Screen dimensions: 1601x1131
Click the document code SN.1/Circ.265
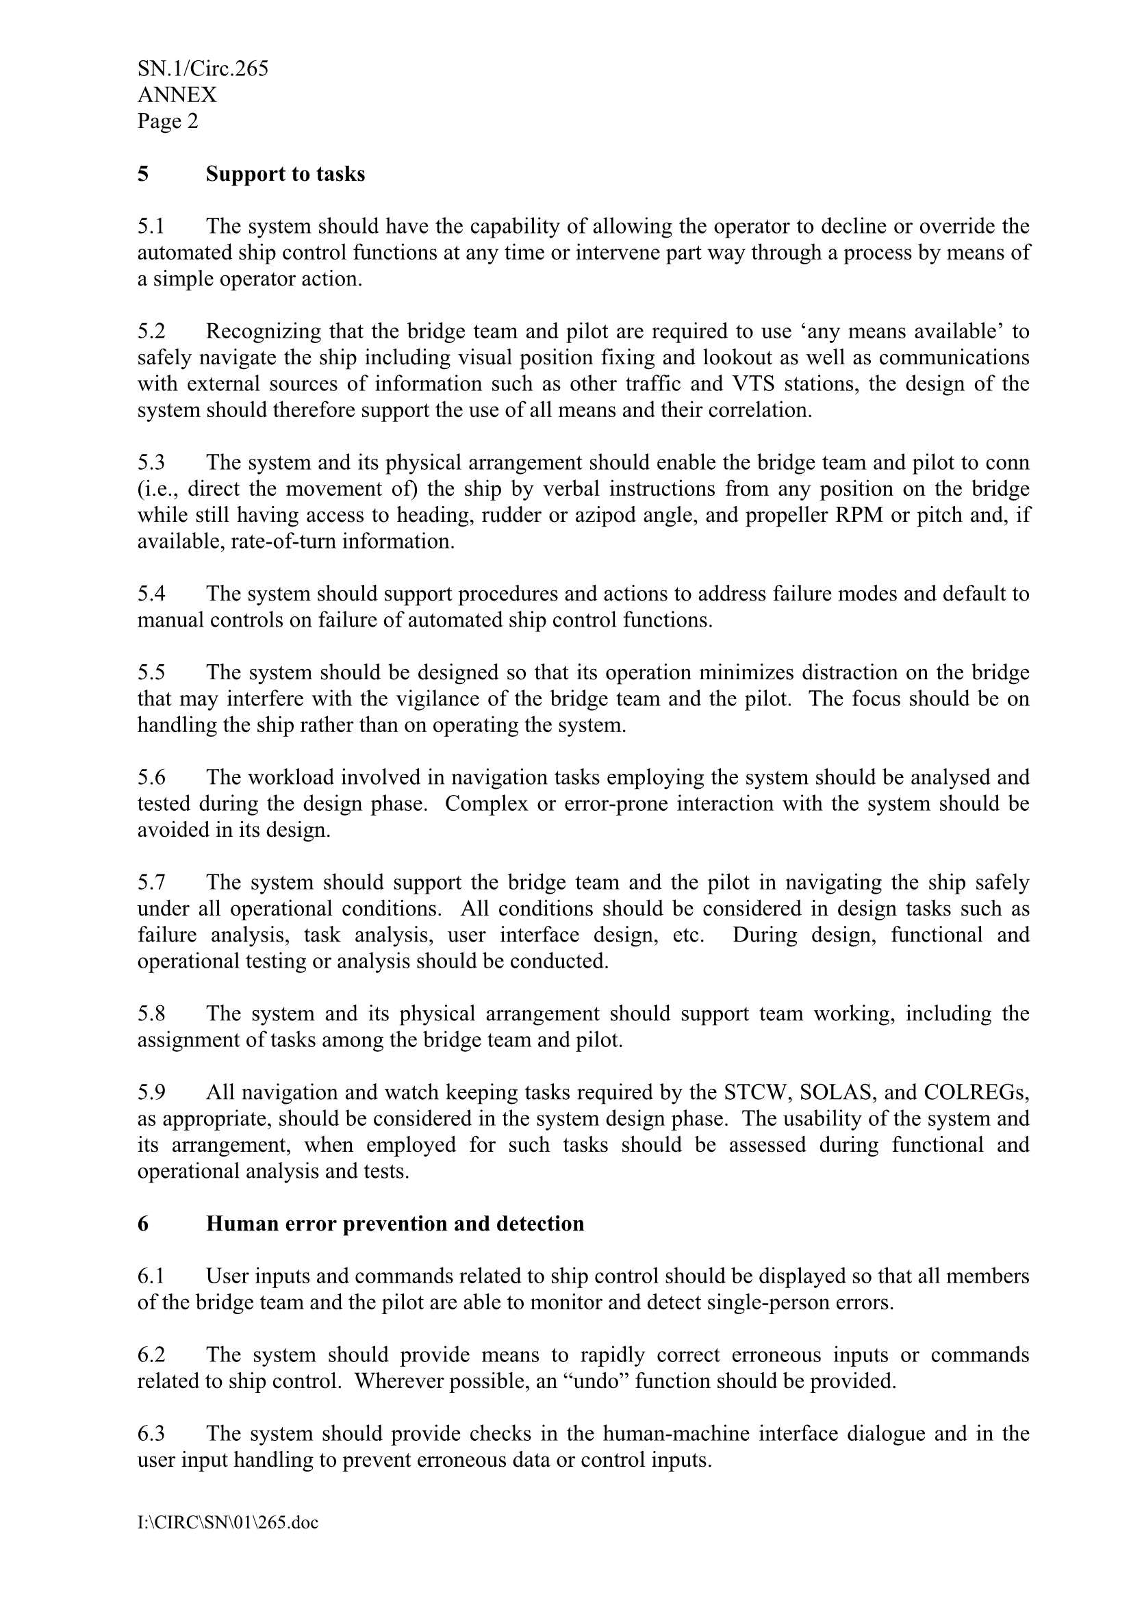click(x=202, y=68)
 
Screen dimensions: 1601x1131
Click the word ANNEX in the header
click(x=177, y=94)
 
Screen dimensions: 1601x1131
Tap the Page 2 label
click(x=167, y=121)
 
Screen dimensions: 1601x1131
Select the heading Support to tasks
click(x=285, y=174)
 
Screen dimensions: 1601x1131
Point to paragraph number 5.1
click(x=151, y=227)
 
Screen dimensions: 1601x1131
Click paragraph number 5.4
click(x=151, y=594)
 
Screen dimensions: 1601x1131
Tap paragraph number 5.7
click(x=151, y=883)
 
